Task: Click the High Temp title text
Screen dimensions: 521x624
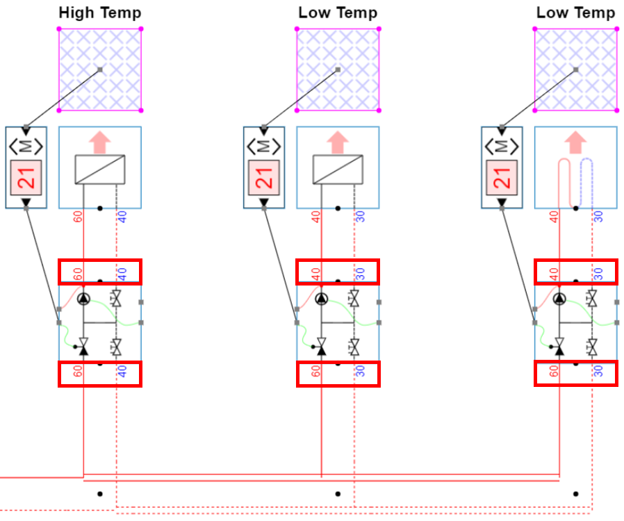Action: [x=99, y=13]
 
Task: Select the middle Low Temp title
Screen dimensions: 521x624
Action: [x=338, y=13]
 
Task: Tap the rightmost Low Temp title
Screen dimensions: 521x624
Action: [x=575, y=13]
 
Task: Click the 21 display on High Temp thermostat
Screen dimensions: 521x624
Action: [x=26, y=177]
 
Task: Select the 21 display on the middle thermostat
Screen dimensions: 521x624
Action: [x=264, y=177]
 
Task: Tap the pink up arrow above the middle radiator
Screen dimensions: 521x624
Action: [x=338, y=142]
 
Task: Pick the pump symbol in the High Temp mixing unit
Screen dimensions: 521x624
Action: [x=83, y=299]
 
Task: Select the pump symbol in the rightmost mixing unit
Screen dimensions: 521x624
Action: [x=559, y=299]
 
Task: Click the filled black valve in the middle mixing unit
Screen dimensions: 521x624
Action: [x=321, y=345]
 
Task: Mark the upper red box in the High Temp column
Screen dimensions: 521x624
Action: [x=99, y=272]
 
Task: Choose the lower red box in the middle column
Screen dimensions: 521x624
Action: [x=338, y=374]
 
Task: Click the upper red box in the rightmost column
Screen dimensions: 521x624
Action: [x=575, y=272]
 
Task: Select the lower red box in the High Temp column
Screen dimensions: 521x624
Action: [x=99, y=374]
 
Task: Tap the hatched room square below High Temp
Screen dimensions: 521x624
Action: [x=99, y=69]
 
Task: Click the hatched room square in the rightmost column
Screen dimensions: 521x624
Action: [x=575, y=69]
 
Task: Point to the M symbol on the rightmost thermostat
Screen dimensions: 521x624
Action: [x=502, y=147]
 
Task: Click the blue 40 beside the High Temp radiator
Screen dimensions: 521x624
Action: [x=122, y=215]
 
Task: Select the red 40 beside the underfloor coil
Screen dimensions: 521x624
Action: [x=554, y=215]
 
